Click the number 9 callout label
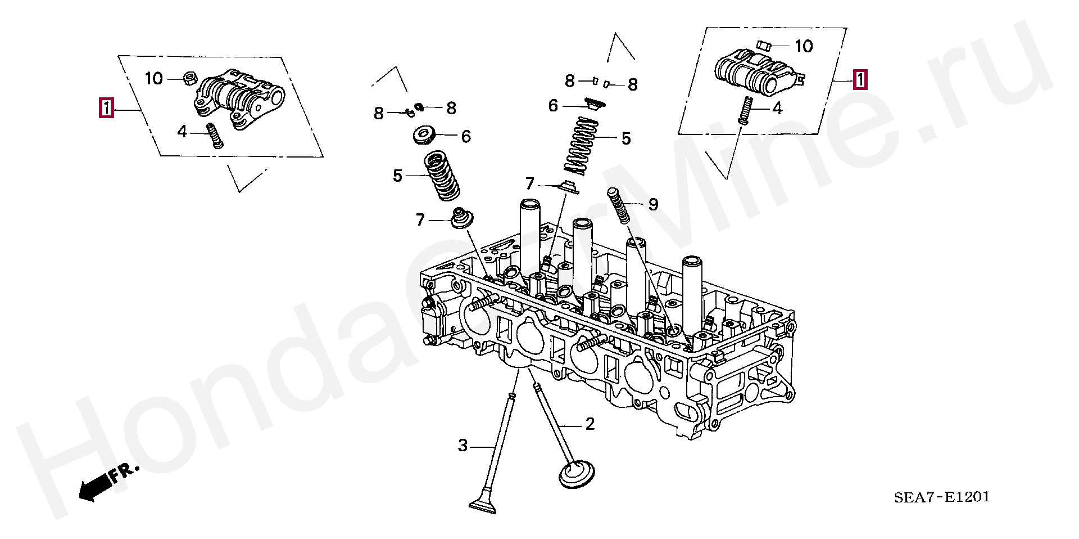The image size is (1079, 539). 652,204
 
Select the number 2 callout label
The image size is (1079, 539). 590,424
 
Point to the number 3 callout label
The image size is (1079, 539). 462,446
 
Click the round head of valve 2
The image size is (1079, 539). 577,474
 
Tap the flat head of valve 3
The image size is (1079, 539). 484,505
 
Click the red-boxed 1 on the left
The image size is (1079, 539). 106,107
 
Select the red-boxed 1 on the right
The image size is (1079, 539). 859,80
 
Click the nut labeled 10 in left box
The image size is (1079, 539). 189,78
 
